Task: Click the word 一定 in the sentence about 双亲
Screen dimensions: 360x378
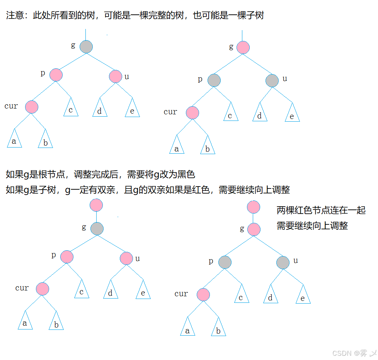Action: click(82, 190)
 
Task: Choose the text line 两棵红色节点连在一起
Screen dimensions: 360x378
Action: click(321, 210)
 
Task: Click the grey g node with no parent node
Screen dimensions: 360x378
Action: click(86, 47)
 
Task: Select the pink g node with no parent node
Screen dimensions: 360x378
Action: click(243, 48)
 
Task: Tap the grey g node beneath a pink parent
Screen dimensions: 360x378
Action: click(97, 228)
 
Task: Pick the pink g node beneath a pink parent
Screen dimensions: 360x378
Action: click(254, 229)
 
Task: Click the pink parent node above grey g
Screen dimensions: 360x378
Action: click(96, 205)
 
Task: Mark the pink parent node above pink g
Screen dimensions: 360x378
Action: click(253, 207)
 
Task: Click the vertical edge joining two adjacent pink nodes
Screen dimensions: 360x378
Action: click(254, 218)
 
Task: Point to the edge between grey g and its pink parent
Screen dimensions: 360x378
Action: click(97, 217)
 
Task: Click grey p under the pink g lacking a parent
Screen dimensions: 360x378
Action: click(214, 80)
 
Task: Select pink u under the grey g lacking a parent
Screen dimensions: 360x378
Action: click(116, 76)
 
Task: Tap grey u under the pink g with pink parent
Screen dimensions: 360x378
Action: click(283, 263)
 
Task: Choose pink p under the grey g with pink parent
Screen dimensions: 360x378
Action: click(67, 256)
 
